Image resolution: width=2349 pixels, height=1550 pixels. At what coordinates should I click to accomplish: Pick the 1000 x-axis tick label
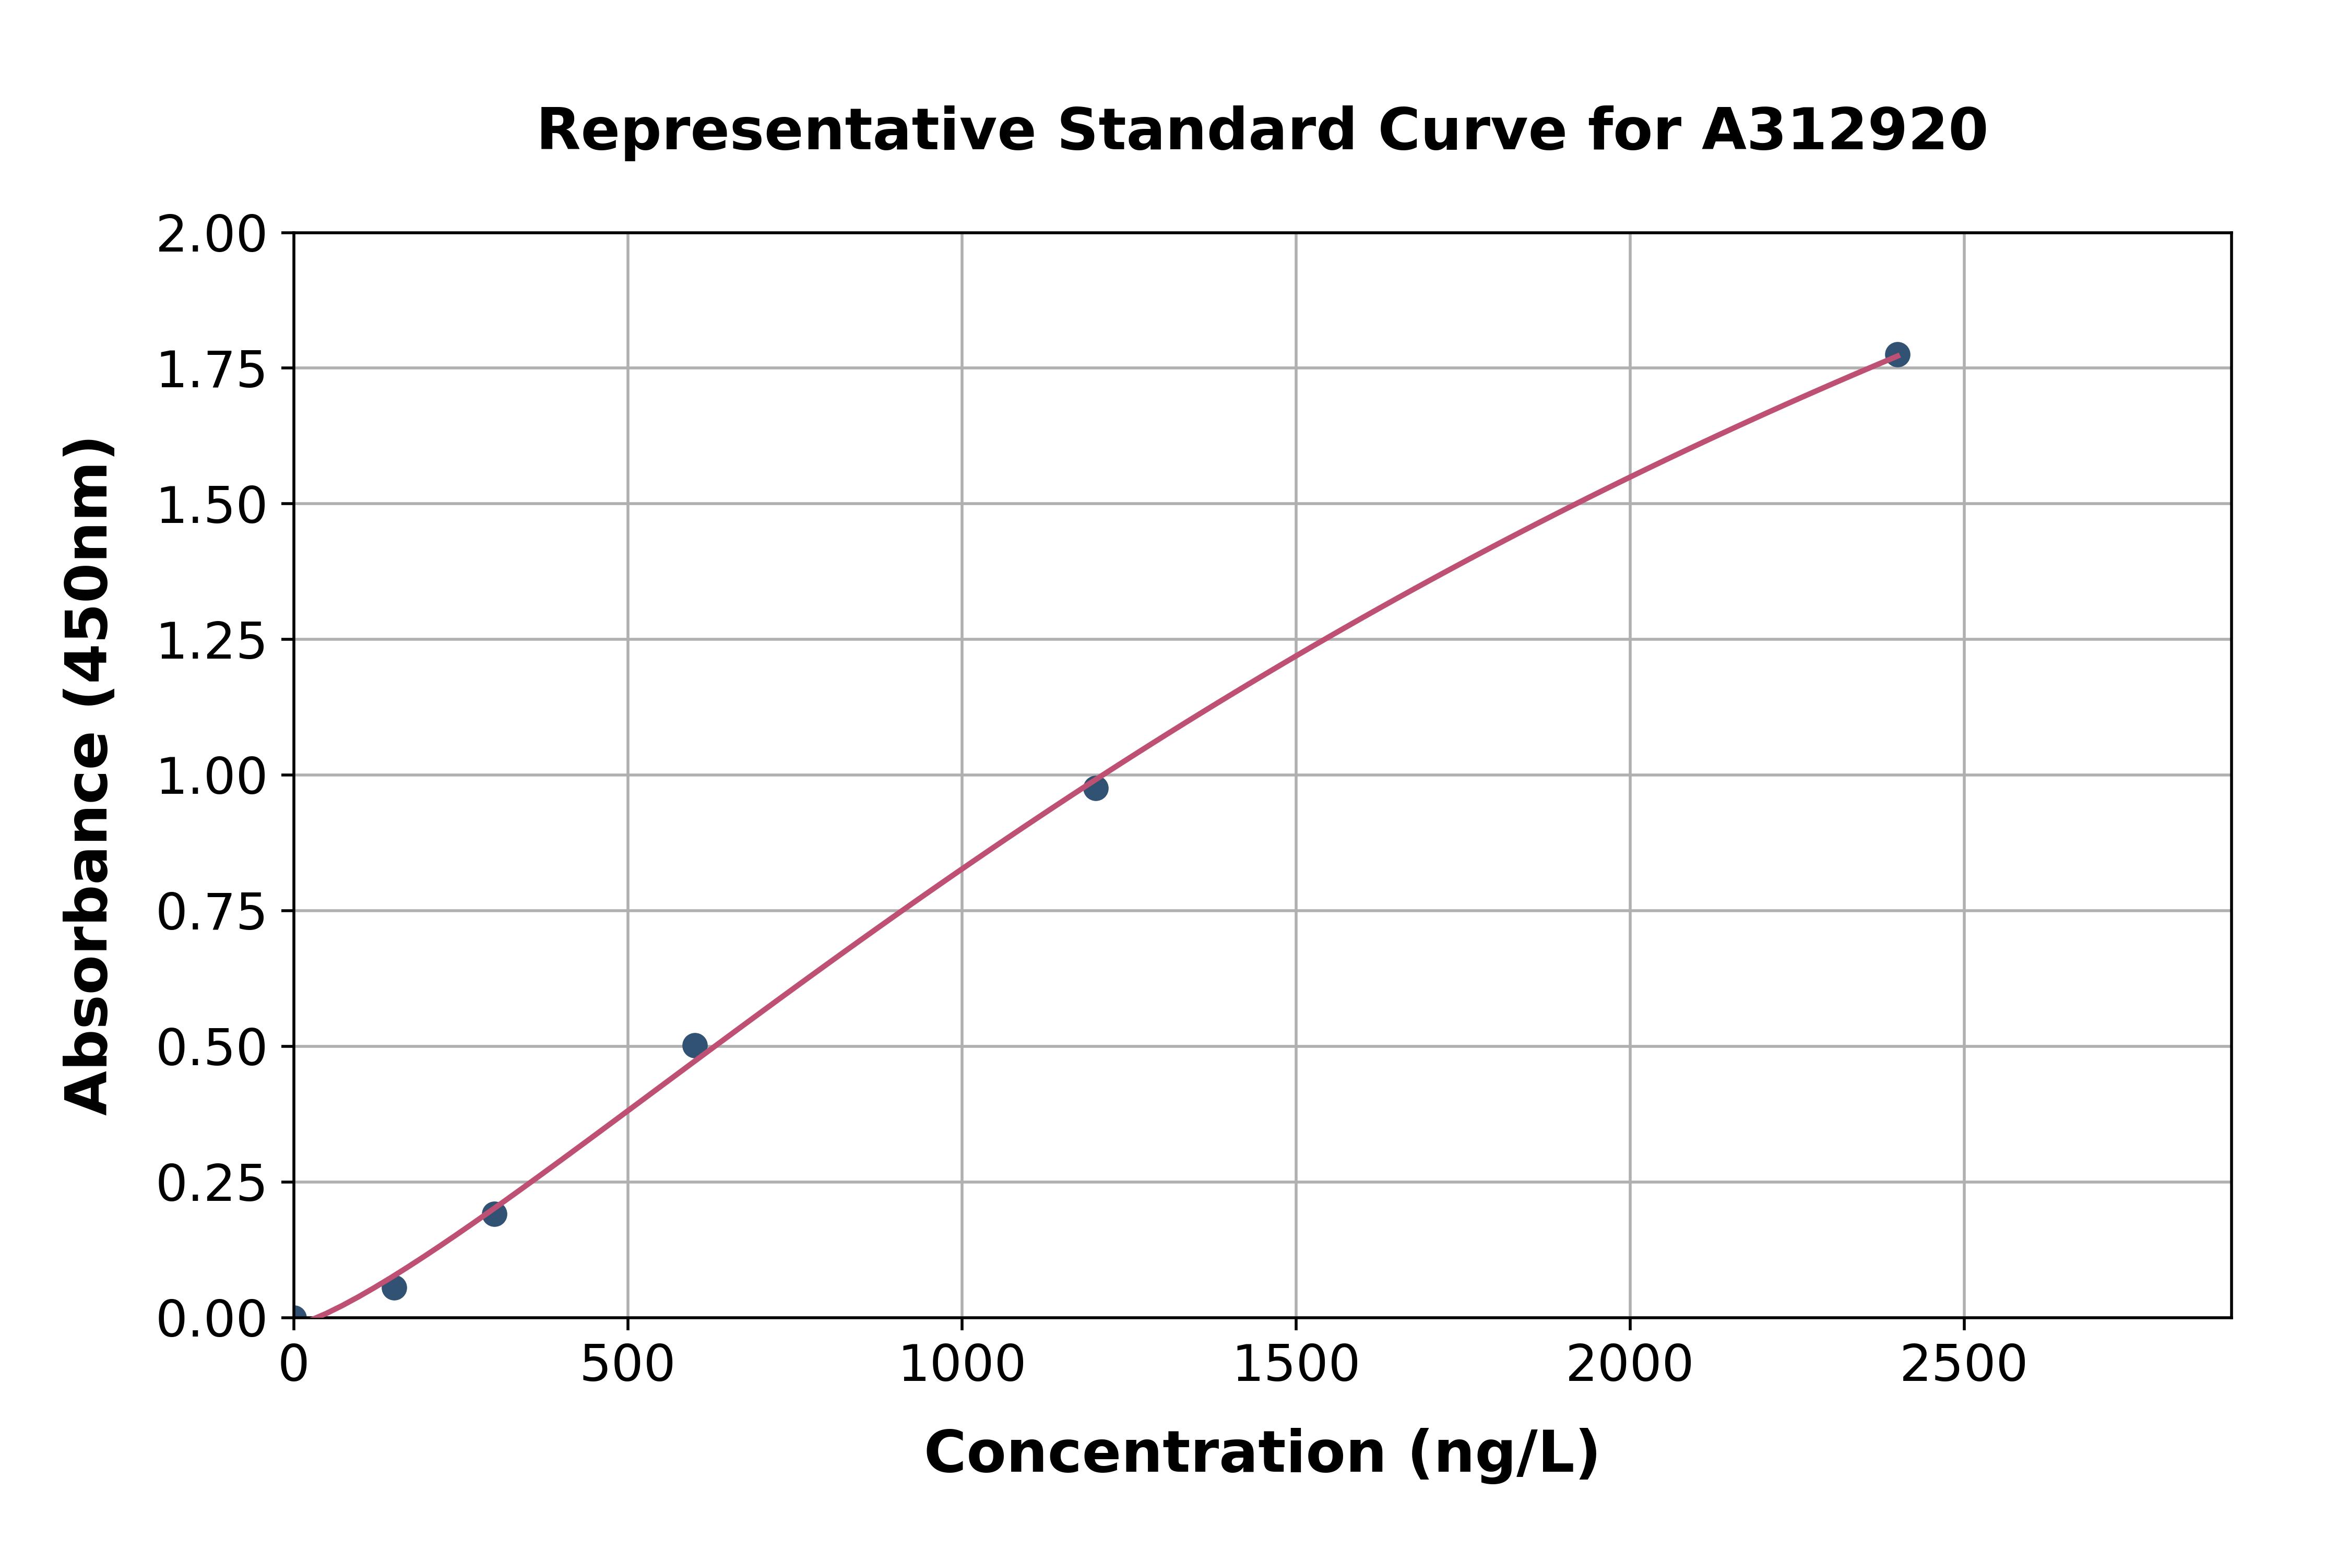[x=961, y=1365]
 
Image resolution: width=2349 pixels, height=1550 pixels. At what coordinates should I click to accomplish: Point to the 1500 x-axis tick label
[x=1295, y=1365]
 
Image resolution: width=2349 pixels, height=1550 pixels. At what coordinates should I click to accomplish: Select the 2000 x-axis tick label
[x=1629, y=1365]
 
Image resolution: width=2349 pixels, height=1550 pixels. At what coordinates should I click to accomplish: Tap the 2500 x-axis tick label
[x=1963, y=1365]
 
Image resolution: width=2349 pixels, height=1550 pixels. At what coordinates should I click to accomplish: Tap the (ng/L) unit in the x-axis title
[x=1503, y=1453]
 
